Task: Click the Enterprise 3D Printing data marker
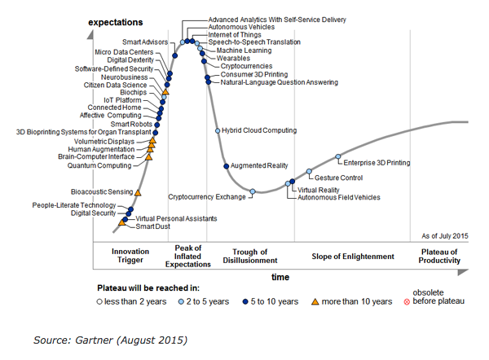pos(338,156)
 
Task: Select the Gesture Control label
pos(338,177)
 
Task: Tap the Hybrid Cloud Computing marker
pos(217,130)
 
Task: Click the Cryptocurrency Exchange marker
pos(253,192)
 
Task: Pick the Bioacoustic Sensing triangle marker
pos(138,192)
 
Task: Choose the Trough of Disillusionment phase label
pos(250,257)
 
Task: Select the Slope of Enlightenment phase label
pos(353,257)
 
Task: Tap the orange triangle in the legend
pos(315,301)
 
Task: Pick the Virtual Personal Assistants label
pos(176,218)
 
